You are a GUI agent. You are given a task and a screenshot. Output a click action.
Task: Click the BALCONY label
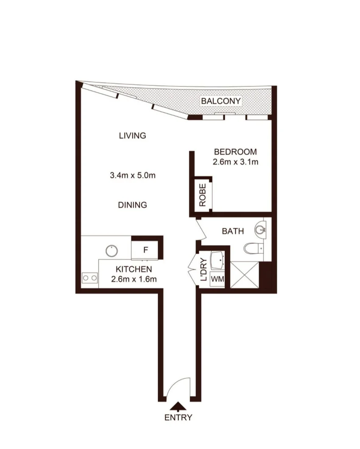pos(221,101)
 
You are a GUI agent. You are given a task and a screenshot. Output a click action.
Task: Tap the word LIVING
pos(132,136)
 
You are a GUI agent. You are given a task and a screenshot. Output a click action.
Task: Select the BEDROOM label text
pos(235,152)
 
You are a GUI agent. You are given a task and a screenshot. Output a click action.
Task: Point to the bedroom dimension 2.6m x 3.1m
pos(235,162)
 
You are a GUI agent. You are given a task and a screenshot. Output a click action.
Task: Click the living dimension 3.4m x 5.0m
pos(132,175)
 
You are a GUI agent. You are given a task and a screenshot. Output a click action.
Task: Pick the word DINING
pos(132,205)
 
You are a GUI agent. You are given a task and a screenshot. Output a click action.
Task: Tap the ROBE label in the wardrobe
pos(202,195)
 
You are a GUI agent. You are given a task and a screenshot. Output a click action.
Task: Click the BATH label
pos(233,231)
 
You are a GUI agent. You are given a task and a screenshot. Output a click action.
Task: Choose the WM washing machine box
pos(218,279)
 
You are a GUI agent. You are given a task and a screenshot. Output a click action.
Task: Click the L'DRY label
pos(203,270)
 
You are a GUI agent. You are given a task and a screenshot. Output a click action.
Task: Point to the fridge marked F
pos(145,250)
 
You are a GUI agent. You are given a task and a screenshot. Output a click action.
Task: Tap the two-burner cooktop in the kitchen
pos(89,278)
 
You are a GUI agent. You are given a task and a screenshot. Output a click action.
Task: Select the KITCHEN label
pos(134,269)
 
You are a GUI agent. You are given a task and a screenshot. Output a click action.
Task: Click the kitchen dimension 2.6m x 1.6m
pos(134,279)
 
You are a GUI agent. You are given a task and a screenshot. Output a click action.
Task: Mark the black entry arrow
pos(179,406)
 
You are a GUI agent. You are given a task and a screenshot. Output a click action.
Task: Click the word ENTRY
pos(178,418)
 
